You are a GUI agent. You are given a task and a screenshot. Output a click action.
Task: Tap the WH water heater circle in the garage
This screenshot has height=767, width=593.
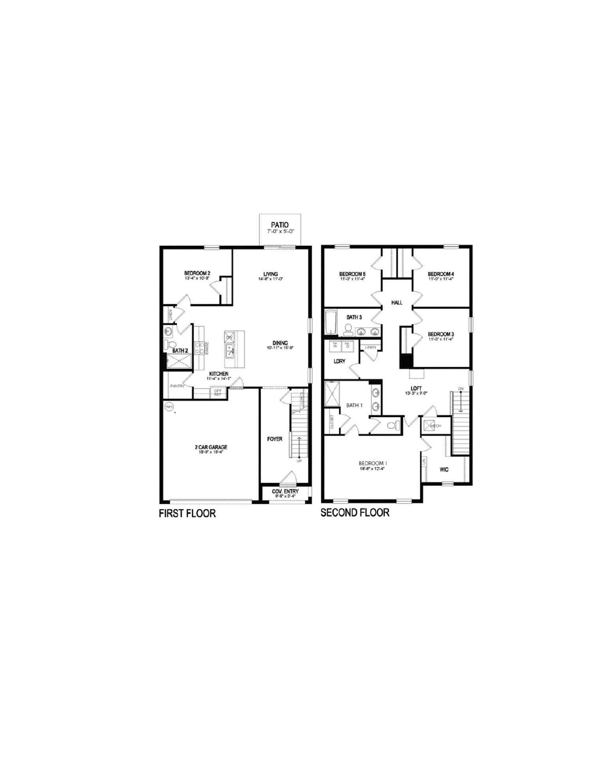coord(169,407)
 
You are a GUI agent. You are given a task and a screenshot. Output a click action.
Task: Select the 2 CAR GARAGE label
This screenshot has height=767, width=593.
coord(211,447)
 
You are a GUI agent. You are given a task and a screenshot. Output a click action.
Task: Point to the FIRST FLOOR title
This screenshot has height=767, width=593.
coord(187,514)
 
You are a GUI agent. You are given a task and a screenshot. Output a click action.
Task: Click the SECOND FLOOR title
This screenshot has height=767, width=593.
coord(355,513)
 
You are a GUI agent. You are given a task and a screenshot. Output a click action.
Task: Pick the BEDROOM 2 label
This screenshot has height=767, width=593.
coord(197,273)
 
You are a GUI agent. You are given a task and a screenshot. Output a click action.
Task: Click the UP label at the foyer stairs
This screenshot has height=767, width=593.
coord(299,461)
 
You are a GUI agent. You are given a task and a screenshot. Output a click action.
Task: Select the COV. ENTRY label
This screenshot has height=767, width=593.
coord(285,491)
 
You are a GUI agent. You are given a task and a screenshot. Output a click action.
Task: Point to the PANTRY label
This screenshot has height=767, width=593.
coord(177,386)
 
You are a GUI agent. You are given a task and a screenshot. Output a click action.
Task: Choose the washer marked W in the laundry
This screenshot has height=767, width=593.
coord(335,346)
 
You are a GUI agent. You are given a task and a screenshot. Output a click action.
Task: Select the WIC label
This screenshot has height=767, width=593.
coord(444,469)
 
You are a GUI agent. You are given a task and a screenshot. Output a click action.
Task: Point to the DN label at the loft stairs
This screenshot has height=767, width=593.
coord(460,389)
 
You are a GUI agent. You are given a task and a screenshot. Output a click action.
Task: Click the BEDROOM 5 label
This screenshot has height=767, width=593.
coord(353,274)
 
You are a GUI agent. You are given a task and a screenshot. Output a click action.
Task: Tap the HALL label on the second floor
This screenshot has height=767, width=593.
coord(397,303)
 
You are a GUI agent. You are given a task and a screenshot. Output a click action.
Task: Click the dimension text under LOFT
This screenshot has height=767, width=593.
coord(416,393)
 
